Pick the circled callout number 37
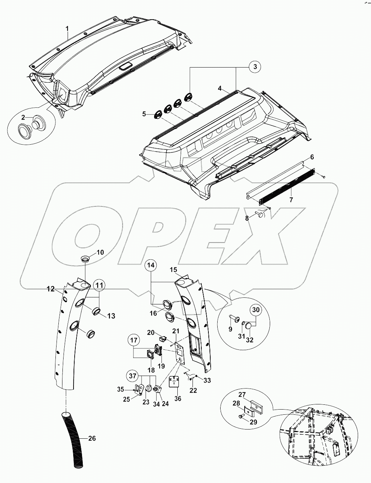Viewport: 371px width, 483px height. point(132,376)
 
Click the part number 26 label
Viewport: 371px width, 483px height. point(92,438)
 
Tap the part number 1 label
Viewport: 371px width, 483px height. point(67,28)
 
